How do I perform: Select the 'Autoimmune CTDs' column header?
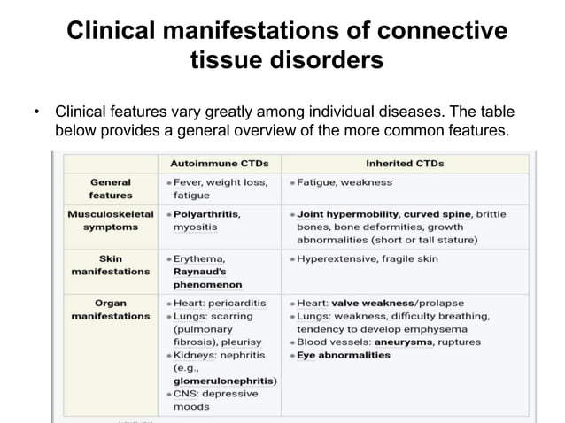(219, 164)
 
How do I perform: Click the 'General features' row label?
(111, 188)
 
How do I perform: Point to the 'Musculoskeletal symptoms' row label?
(111, 220)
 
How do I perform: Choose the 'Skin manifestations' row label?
(111, 265)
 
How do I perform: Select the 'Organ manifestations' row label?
(111, 309)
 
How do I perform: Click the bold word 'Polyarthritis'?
(206, 214)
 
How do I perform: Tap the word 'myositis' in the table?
(196, 227)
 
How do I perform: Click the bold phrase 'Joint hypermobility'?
(348, 214)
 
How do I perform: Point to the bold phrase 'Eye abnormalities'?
(344, 355)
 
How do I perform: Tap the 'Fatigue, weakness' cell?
(344, 182)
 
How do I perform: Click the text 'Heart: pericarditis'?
(219, 303)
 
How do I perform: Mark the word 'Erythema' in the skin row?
(201, 258)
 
